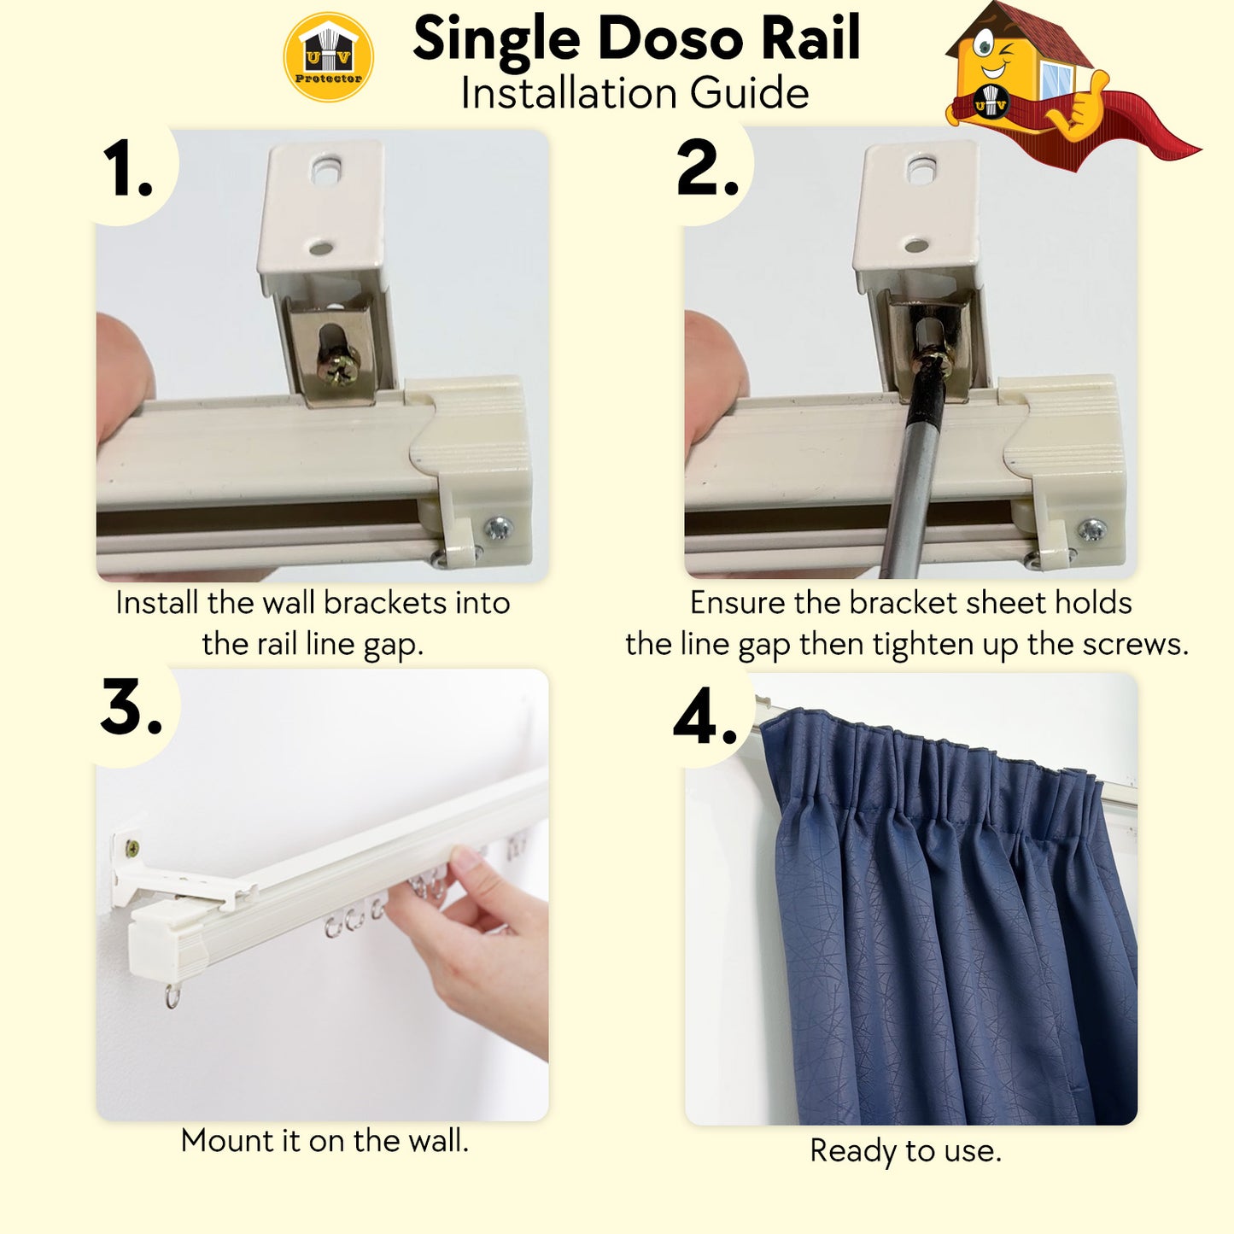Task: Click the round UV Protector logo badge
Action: [x=328, y=57]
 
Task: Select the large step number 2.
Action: [x=707, y=167]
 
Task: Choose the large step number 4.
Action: [x=705, y=716]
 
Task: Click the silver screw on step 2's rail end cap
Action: [x=1092, y=529]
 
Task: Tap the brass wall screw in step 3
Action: [x=132, y=849]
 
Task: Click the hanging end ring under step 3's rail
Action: [x=173, y=997]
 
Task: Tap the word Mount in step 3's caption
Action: [x=227, y=1141]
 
